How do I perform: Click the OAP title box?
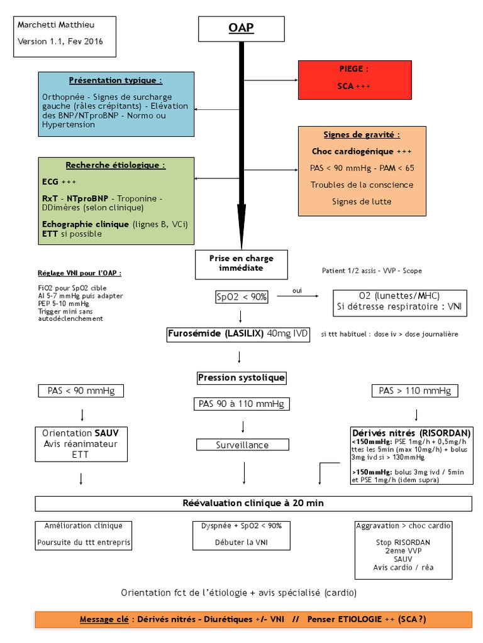click(x=241, y=29)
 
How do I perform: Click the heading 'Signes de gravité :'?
click(x=362, y=134)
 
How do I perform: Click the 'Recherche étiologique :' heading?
click(x=116, y=165)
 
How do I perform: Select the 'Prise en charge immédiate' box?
click(x=241, y=263)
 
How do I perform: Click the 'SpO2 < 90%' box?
click(x=241, y=297)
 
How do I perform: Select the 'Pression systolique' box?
click(x=241, y=377)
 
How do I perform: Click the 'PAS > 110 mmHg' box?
click(x=414, y=391)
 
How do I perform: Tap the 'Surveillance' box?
click(x=242, y=445)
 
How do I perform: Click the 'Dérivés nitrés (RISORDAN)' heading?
click(x=411, y=433)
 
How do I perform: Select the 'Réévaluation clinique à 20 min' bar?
click(x=253, y=503)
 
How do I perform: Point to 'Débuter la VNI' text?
click(x=241, y=542)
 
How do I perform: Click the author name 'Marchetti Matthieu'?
click(x=47, y=24)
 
